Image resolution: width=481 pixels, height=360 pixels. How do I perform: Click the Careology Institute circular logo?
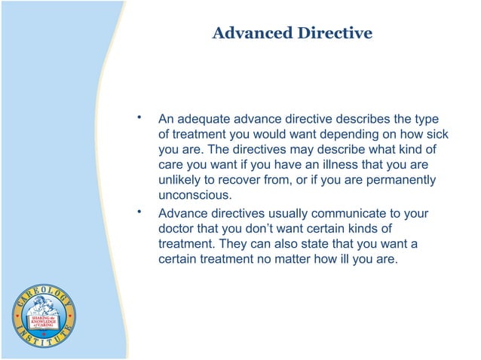tap(43, 316)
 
